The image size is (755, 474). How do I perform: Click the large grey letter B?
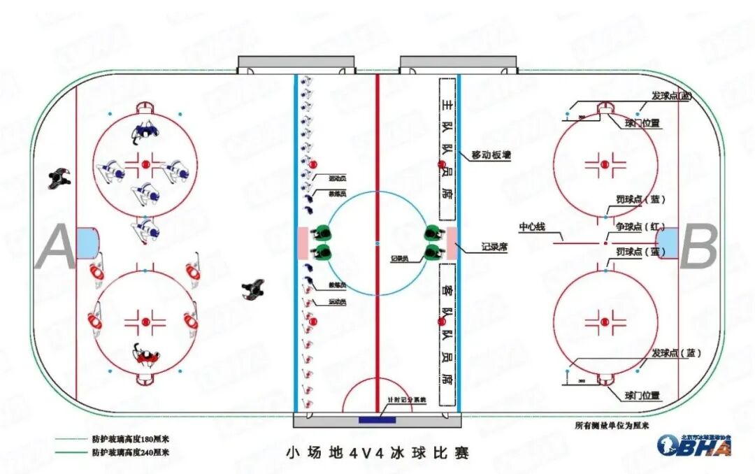[699, 248]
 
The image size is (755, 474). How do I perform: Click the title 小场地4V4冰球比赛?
[377, 453]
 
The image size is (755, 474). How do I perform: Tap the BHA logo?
[693, 444]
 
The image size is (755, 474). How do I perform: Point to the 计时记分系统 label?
[407, 400]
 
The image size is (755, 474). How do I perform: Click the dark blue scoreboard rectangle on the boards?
[377, 420]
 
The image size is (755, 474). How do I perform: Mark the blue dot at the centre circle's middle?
[377, 243]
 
